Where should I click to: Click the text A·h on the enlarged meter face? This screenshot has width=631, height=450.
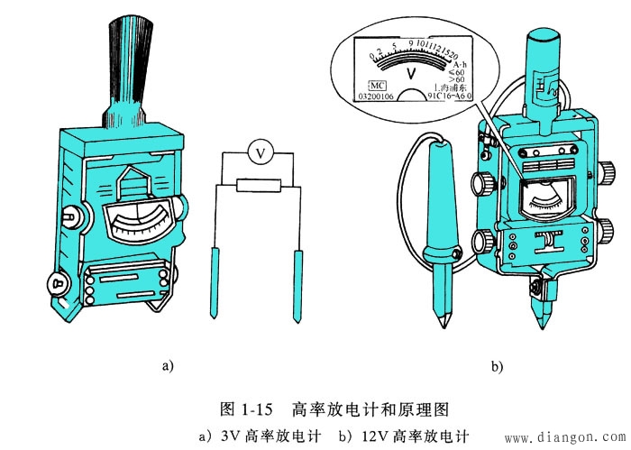click(459, 65)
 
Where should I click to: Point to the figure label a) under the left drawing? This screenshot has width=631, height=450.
click(165, 365)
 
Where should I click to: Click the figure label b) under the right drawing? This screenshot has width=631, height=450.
click(497, 365)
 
